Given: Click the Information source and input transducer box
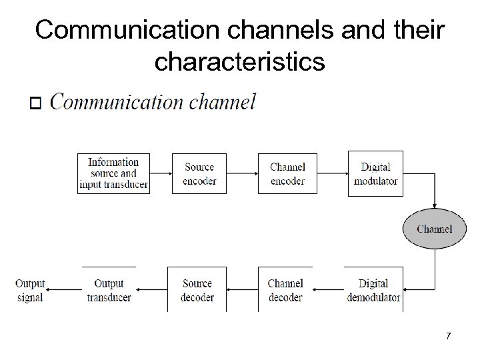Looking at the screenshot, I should [113, 173].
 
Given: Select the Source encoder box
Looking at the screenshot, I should [199, 173].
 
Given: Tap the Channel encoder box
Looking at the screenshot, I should [287, 173].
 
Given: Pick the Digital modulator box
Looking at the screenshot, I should [375, 173].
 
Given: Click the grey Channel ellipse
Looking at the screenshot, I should [434, 229].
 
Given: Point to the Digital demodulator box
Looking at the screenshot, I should [373, 290].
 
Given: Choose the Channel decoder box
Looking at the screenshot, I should [285, 290].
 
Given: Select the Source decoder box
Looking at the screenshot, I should [197, 290].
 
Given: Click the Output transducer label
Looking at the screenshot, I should [109, 290].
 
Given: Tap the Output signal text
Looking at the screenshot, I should [29, 290].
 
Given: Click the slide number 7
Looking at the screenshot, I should [449, 336].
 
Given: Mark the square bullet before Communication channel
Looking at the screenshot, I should [36, 104].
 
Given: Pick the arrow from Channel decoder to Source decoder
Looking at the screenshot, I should [242, 290].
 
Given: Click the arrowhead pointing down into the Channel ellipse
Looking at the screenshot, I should [434, 205].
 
